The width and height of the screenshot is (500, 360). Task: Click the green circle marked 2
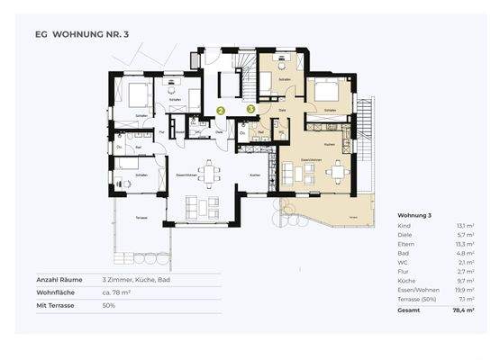pyautogui.click(x=221, y=112)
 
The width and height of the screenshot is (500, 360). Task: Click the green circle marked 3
pyautogui.click(x=250, y=109)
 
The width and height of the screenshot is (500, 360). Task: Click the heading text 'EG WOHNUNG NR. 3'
pyautogui.click(x=82, y=34)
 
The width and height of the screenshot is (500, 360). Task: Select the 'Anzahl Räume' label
pyautogui.click(x=59, y=280)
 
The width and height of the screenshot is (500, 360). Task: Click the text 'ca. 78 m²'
pyautogui.click(x=117, y=292)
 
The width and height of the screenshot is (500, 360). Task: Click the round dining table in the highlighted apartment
pyautogui.click(x=338, y=170)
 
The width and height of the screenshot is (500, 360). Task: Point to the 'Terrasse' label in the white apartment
pyautogui.click(x=141, y=219)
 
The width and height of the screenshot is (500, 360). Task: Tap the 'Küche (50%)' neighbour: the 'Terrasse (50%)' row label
pyautogui.click(x=417, y=300)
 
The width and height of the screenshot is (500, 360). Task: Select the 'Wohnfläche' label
pyautogui.click(x=56, y=292)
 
